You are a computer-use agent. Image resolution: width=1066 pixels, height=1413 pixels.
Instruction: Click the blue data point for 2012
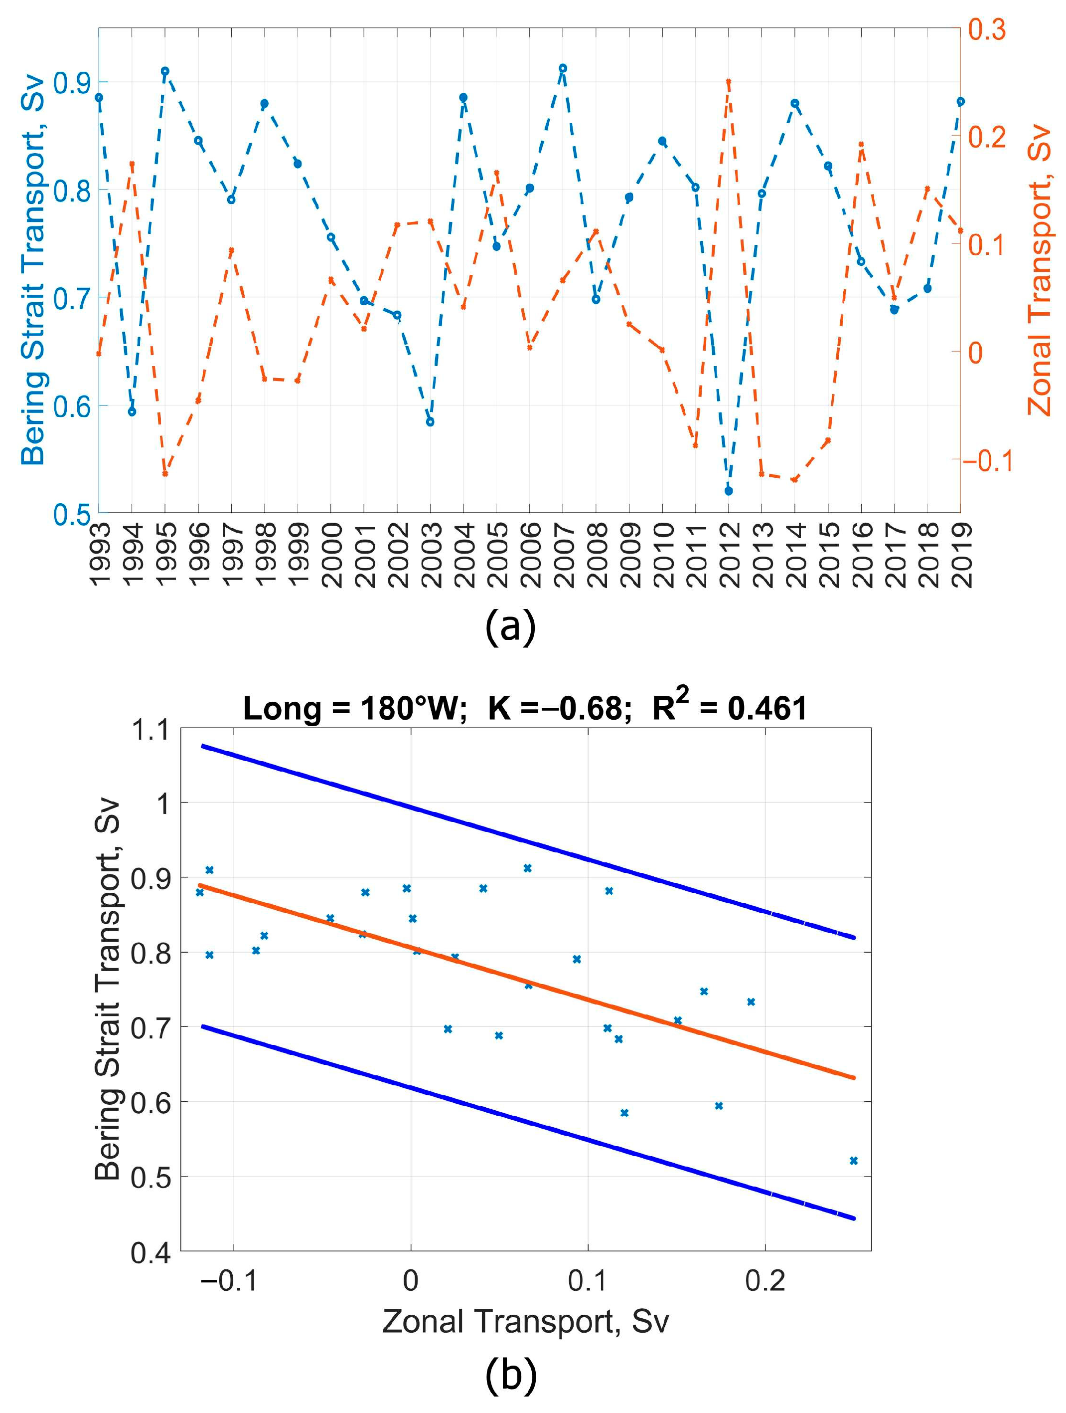728,491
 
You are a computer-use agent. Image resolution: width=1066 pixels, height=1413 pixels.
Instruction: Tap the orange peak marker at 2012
728,82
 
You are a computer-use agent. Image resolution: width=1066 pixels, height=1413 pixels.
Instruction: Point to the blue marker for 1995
164,71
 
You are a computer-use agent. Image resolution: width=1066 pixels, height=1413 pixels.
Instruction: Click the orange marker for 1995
164,473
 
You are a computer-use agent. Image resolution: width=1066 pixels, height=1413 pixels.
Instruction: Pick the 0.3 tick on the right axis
987,29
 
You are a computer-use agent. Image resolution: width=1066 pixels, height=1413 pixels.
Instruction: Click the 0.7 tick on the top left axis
70,298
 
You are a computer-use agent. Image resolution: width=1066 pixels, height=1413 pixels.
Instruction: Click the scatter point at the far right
853,1161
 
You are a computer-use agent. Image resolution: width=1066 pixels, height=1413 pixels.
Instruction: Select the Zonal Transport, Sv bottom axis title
525,1322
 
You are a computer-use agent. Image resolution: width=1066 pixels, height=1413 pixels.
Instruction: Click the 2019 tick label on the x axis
961,555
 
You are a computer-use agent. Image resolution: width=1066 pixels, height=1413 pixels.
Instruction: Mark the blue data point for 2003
430,421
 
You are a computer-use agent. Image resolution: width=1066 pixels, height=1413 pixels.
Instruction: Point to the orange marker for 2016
861,145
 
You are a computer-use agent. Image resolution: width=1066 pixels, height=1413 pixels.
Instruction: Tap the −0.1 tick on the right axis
987,460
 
